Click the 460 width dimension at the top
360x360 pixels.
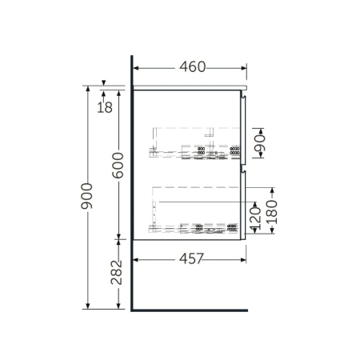pyautogui.click(x=190, y=66)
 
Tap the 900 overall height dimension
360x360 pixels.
pyautogui.click(x=87, y=196)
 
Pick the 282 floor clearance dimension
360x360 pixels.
pyautogui.click(x=118, y=273)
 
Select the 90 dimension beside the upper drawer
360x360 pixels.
pyautogui.click(x=258, y=143)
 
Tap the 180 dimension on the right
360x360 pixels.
pyautogui.click(x=274, y=211)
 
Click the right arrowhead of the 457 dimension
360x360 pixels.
pyautogui.click(x=245, y=258)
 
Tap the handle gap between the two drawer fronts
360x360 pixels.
pyautogui.click(x=243, y=167)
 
